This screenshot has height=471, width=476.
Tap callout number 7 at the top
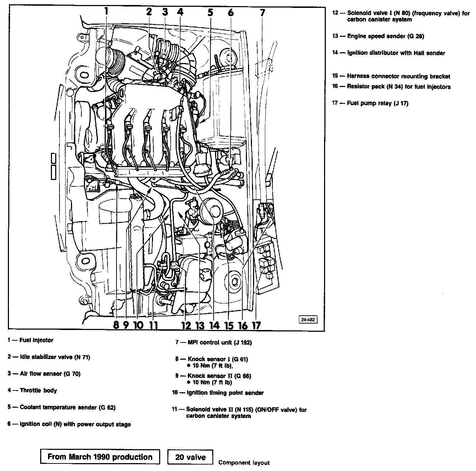point(262,13)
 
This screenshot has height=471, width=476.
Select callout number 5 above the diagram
point(210,13)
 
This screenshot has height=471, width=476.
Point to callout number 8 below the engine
point(116,325)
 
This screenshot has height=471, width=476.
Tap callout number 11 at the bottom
point(153,325)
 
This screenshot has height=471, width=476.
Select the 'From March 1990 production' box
point(100,457)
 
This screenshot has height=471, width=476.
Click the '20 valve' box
point(190,457)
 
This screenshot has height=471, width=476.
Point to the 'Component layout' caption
point(244,463)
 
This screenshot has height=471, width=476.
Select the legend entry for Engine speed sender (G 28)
point(385,36)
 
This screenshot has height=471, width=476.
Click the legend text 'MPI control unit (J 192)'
point(219,343)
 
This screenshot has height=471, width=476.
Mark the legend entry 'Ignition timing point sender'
point(225,393)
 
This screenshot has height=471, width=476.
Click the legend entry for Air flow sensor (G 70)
point(50,374)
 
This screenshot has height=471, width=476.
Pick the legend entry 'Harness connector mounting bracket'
point(398,76)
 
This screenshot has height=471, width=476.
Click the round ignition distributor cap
point(214,211)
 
